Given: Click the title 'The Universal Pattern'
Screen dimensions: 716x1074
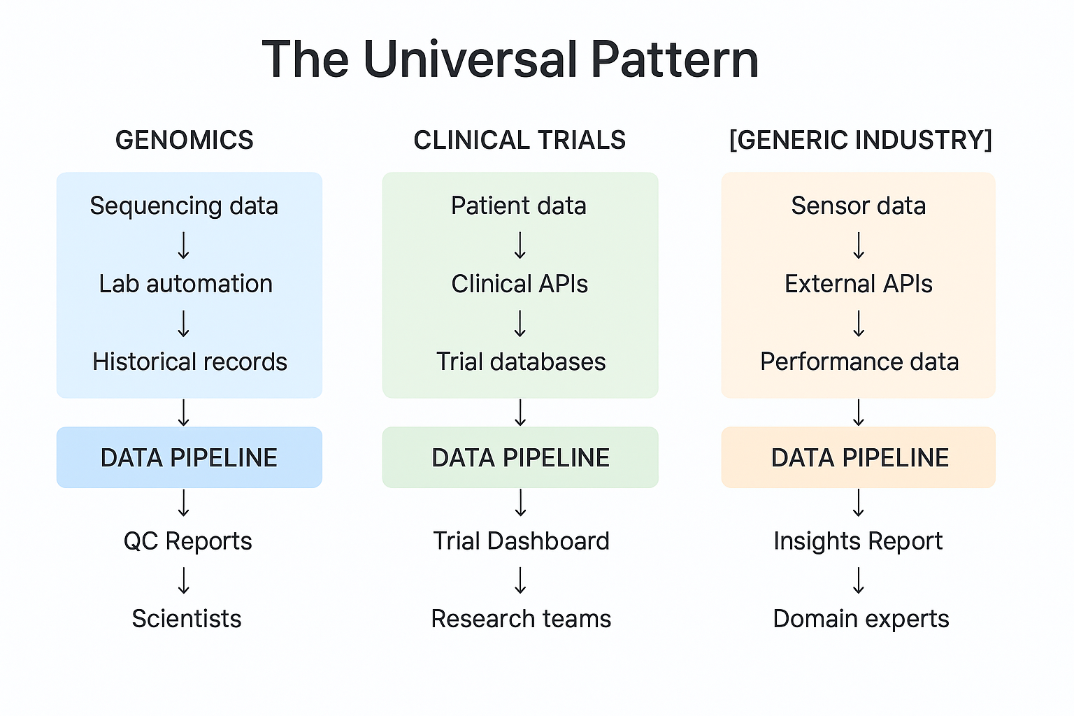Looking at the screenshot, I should click(510, 59).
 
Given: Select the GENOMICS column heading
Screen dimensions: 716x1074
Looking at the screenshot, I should click(185, 141).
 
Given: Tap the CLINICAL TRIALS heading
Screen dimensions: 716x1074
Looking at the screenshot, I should click(520, 141).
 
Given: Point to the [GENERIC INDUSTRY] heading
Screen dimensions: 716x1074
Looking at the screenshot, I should click(860, 141).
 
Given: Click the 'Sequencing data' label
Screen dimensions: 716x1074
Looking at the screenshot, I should click(184, 206).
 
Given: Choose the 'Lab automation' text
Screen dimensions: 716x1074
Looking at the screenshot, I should click(185, 284).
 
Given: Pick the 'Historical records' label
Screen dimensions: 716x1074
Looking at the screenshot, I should click(189, 362).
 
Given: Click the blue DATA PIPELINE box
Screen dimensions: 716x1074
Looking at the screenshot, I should click(189, 458).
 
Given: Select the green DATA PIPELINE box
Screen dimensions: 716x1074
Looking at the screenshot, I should click(520, 458).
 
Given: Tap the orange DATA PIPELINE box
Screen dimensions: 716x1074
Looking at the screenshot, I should click(859, 458).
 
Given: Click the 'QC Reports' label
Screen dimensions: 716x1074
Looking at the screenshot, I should click(187, 541).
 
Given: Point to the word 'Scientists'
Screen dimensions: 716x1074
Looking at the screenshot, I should click(187, 619).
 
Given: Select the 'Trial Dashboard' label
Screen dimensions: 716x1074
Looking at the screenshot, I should click(521, 541).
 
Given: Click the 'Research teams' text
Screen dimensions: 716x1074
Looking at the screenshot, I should click(521, 619).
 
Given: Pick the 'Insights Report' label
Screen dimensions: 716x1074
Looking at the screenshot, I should click(858, 541).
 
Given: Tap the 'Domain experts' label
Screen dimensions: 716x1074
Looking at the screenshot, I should click(861, 619).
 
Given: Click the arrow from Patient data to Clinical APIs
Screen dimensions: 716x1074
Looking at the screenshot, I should click(520, 245).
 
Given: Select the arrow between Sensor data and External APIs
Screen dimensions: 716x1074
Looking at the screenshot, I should click(859, 245).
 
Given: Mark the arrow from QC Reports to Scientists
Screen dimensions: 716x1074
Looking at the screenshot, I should click(184, 580).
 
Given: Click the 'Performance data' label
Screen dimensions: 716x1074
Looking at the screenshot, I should click(859, 362).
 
